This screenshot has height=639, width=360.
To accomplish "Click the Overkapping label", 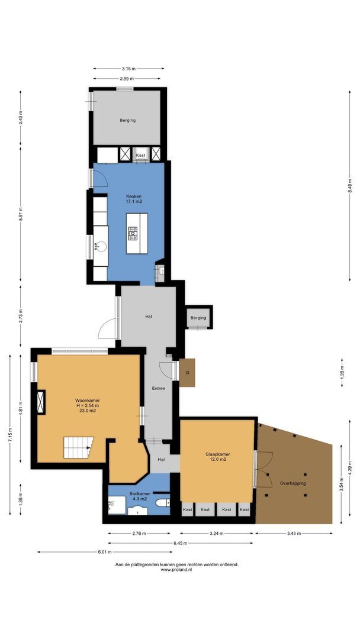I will click(294, 483).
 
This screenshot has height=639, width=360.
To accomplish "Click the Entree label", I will click(159, 389).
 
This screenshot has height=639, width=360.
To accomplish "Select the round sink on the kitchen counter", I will click(100, 246).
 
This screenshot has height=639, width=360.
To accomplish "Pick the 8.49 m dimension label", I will click(349, 186).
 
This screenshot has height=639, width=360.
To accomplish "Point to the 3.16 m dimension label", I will click(128, 69).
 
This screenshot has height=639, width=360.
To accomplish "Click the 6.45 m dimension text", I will click(181, 543).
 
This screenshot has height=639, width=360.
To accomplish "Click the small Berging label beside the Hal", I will click(198, 318).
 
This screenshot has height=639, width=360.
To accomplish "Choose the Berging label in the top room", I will click(127, 120).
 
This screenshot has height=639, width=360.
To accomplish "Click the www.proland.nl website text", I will click(177, 570).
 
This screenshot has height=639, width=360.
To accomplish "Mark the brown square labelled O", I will click(187, 373).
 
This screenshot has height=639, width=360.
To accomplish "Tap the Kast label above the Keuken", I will click(141, 155).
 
